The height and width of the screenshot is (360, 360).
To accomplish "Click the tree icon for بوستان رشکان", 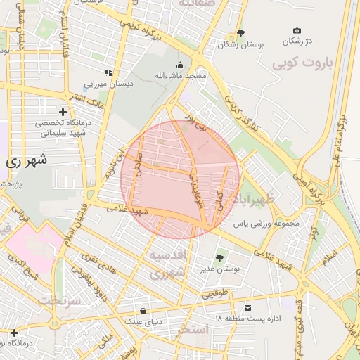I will [x=241, y=32].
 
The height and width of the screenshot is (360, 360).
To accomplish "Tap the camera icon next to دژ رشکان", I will [x=297, y=30].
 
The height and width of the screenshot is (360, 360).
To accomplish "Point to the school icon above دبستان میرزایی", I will [x=108, y=72].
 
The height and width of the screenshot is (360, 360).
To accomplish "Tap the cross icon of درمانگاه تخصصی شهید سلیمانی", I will [x=63, y=112].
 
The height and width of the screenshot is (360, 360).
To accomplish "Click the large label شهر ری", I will [x=27, y=160].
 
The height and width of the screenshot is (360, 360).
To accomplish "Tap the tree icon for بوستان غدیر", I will [x=219, y=258].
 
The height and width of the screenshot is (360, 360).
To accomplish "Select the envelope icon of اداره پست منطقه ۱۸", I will [x=247, y=308].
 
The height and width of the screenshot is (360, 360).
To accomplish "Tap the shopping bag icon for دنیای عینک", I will [x=143, y=311].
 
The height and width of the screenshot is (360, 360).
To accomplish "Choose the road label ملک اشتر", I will [x=90, y=98].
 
